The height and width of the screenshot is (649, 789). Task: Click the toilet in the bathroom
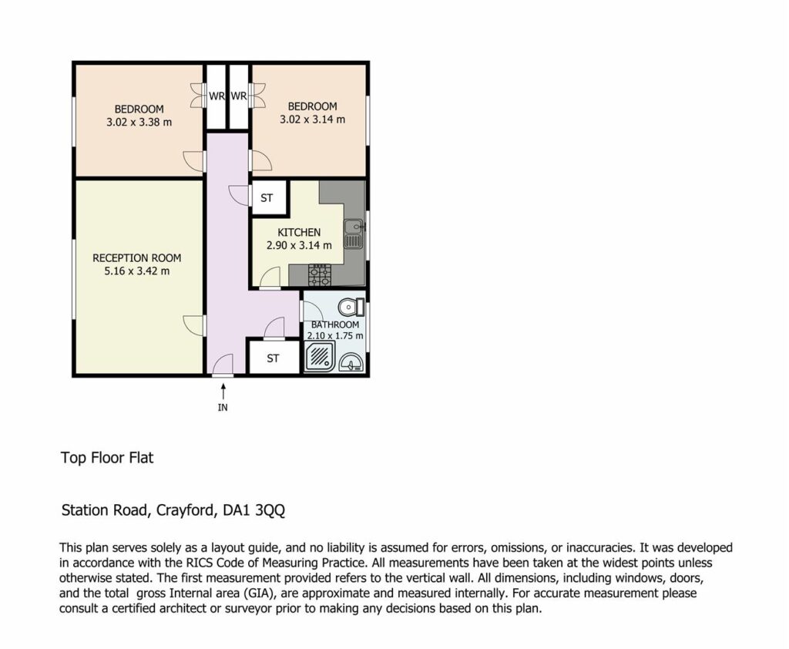(351, 307)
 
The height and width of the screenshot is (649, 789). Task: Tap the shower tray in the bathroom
(320, 356)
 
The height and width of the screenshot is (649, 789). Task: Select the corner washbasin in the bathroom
(352, 362)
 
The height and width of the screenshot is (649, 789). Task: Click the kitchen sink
(353, 234)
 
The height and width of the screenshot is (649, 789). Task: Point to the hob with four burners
(320, 275)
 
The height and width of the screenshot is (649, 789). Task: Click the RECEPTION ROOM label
(137, 257)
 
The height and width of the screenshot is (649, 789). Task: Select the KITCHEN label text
(299, 232)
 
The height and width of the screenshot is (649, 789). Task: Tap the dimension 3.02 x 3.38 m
(139, 122)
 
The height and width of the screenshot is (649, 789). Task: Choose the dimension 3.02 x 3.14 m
(313, 119)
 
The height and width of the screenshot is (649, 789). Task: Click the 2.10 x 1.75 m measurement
(335, 336)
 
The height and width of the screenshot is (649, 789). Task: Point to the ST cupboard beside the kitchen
(269, 198)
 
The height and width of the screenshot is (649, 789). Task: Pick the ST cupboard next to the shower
(274, 358)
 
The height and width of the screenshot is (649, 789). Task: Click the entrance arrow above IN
(223, 391)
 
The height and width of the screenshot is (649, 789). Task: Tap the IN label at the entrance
(223, 407)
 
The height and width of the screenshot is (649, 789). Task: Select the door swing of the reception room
(193, 325)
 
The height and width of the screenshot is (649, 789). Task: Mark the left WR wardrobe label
(217, 96)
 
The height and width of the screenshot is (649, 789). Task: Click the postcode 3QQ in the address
(270, 510)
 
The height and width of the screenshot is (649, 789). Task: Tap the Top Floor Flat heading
(107, 458)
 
